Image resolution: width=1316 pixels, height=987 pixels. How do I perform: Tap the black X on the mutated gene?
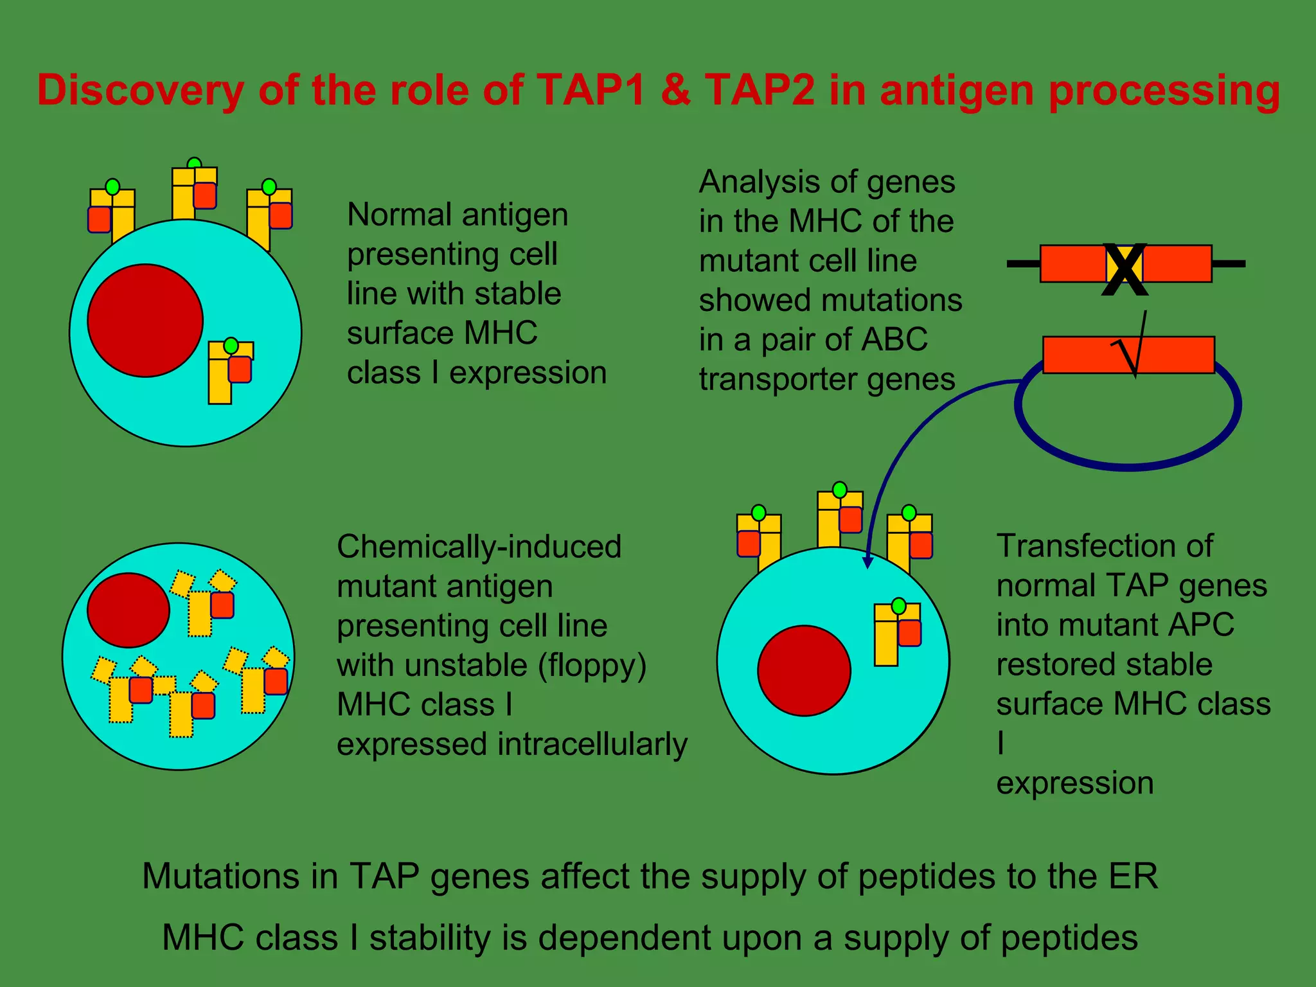pyautogui.click(x=1125, y=270)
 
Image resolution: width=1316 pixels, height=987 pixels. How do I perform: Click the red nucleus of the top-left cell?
pyautogui.click(x=145, y=320)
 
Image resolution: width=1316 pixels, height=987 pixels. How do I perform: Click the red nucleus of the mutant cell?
pyautogui.click(x=129, y=610)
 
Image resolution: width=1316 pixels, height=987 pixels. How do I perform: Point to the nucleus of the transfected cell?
pyautogui.click(x=804, y=670)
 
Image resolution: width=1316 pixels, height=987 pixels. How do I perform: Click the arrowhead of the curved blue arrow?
pyautogui.click(x=867, y=562)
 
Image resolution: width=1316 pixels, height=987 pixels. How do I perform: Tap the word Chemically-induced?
pyautogui.click(x=479, y=547)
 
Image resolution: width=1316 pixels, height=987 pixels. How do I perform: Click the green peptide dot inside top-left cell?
pyautogui.click(x=231, y=346)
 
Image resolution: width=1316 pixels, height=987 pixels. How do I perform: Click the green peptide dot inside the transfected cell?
pyautogui.click(x=899, y=606)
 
